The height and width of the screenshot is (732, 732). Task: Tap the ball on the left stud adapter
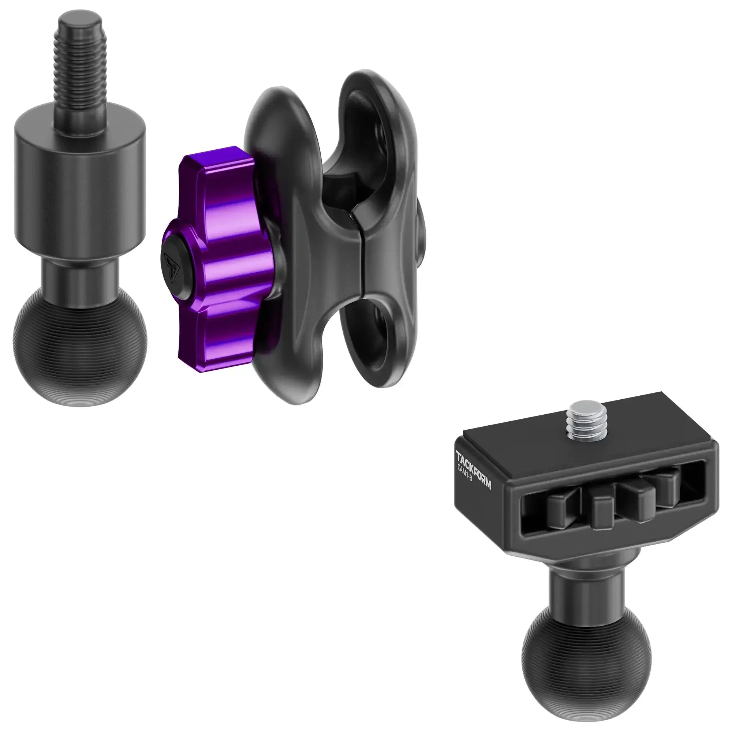coord(80,341)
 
